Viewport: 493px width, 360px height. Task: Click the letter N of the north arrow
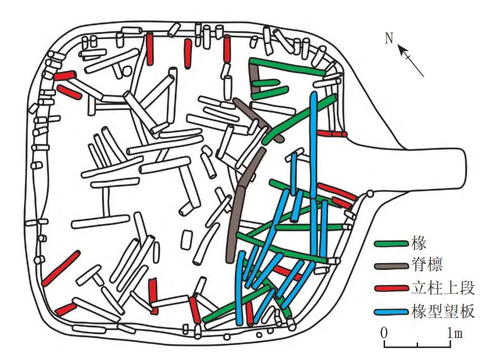click(389, 39)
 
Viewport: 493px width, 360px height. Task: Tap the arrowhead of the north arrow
click(401, 50)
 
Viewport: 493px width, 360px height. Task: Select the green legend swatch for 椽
click(391, 244)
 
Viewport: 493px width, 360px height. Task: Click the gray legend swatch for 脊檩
click(391, 266)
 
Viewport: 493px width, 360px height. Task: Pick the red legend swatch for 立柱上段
click(391, 288)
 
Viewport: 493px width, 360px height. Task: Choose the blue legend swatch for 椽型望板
click(391, 311)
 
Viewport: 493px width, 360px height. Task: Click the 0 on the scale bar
click(385, 332)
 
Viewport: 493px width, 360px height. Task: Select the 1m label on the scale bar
click(454, 333)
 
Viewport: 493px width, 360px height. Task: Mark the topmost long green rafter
click(288, 66)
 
